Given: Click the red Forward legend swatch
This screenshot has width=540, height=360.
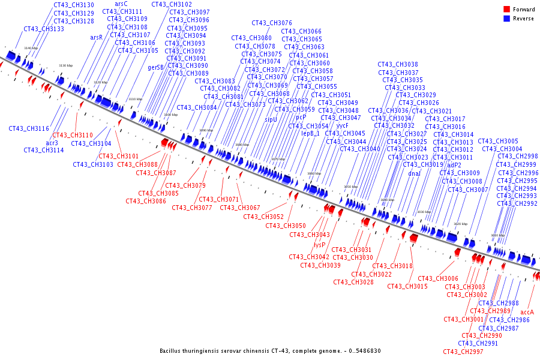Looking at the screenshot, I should [x=506, y=10].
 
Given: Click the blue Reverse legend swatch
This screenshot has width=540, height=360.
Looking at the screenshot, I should [x=506, y=19].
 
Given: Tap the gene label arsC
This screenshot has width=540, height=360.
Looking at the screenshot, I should [x=121, y=4].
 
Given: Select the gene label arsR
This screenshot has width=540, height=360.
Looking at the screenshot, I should [x=97, y=37].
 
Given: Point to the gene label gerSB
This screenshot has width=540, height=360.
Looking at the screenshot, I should [x=155, y=68].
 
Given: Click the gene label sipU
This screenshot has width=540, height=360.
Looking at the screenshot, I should [x=271, y=120].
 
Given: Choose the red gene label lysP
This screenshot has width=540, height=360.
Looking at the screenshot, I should [x=320, y=245].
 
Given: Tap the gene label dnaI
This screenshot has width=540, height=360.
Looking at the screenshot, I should [x=414, y=173].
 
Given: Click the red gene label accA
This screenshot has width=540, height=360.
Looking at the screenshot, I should [x=527, y=312].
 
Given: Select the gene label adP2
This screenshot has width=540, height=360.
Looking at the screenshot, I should [x=454, y=165].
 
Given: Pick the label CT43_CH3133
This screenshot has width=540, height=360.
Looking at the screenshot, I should [x=44, y=29].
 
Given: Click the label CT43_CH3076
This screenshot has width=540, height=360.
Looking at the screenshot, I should [x=272, y=23].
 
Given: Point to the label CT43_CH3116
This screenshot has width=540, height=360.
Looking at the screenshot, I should [x=29, y=128].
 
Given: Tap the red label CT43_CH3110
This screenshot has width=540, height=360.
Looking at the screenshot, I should [x=73, y=136].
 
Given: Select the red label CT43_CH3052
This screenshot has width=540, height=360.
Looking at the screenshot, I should [x=263, y=217].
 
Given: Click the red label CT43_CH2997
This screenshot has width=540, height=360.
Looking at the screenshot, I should [x=463, y=352].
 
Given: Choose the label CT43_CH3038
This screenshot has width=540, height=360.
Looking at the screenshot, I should [x=398, y=65].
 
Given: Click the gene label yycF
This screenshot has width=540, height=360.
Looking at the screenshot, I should [x=342, y=126].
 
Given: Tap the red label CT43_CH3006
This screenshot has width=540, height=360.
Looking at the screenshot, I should [x=438, y=278].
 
